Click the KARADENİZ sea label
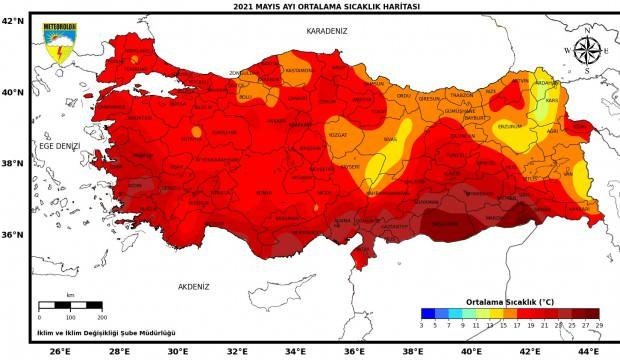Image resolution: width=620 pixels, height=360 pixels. [327, 31]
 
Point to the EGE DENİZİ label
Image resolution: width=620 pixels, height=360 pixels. [58, 146]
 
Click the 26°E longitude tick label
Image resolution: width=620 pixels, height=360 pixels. [60, 351]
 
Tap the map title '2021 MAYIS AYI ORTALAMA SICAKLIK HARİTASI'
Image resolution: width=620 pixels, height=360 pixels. [313, 6]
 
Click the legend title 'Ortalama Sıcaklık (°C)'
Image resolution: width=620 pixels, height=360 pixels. [509, 300]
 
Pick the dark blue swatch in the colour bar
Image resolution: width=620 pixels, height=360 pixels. [427, 313]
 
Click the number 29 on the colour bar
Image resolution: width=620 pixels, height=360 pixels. [599, 325]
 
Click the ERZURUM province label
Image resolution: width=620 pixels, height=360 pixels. [510, 127]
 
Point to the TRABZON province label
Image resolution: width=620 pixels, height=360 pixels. [462, 95]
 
